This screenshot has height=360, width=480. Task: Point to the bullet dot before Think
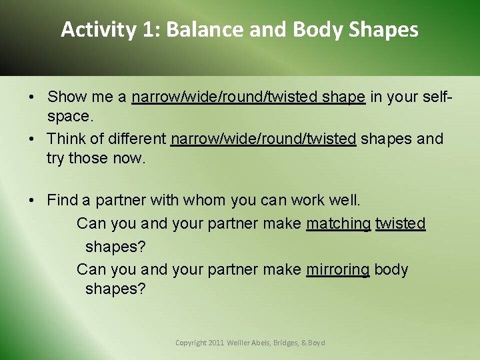33,139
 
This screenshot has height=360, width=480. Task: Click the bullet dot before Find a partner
33,200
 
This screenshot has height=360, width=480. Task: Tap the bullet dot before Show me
33,97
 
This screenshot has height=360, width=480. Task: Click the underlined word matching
338,223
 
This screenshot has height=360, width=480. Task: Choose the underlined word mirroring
337,269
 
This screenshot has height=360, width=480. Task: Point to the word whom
205,200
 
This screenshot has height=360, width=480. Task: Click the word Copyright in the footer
190,343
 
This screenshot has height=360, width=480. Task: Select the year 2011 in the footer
217,343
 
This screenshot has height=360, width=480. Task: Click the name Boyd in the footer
317,343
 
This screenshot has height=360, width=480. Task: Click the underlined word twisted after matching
400,223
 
